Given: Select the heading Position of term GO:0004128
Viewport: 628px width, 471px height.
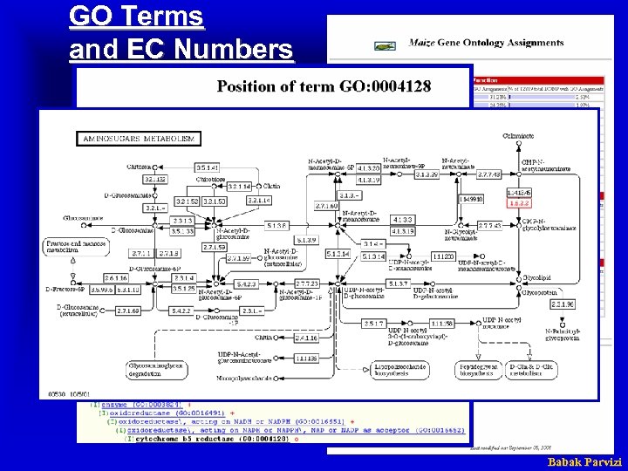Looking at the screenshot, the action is pos(336,85).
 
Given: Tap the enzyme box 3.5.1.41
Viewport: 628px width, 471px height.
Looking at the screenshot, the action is pos(207,167).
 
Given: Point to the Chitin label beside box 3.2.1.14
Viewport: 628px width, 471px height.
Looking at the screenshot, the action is pos(271,186).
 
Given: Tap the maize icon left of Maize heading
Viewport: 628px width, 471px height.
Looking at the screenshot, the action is pos(384,44).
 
